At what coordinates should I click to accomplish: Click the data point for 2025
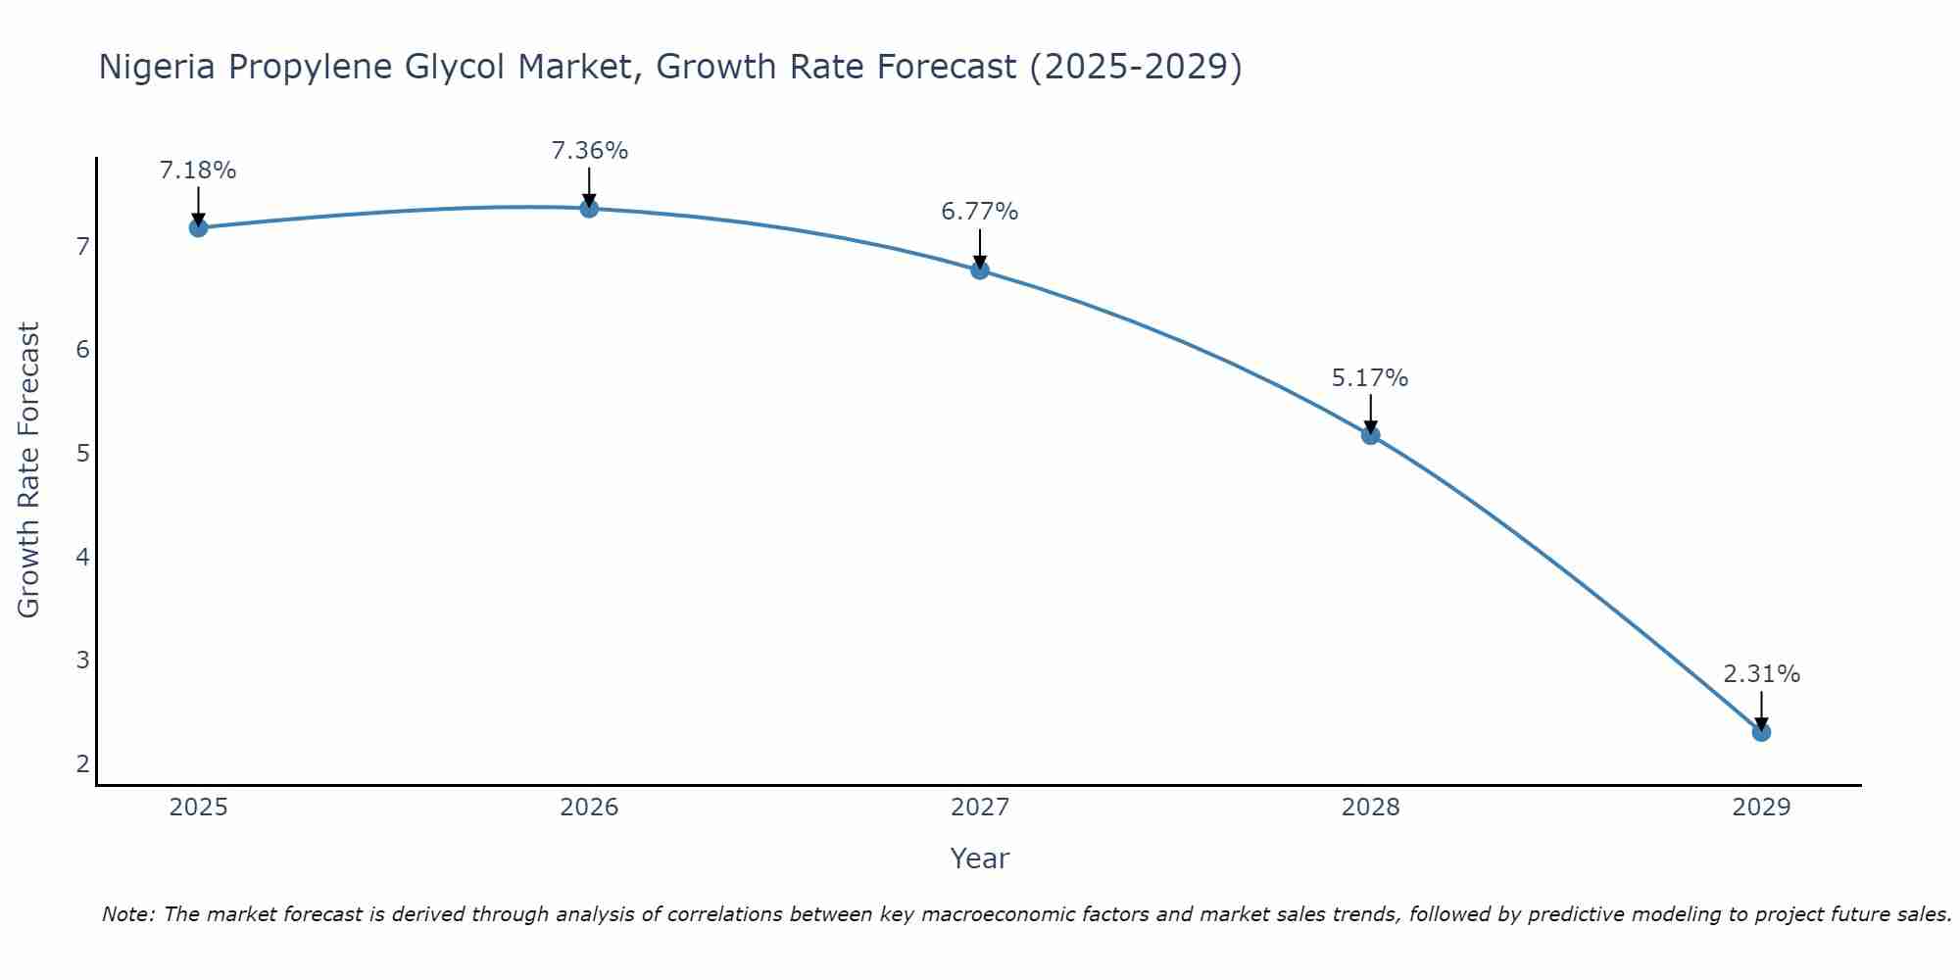198,227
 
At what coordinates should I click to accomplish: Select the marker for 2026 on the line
589,209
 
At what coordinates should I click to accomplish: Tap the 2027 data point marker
980,269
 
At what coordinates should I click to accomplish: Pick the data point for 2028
1370,435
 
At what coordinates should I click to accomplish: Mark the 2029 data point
1761,732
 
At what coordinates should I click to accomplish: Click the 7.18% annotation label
198,171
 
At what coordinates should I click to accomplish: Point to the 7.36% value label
589,151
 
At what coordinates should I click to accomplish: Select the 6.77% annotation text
980,212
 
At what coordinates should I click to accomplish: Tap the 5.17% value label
1370,378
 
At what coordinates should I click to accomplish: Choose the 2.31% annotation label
1761,674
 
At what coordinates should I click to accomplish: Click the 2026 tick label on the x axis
589,808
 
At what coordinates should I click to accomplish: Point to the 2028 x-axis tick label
1370,808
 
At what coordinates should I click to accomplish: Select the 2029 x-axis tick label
1761,808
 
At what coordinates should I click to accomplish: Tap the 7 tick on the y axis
82,246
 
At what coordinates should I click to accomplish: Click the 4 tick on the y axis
82,557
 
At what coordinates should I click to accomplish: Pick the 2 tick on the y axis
82,763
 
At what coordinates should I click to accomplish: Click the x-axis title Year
980,858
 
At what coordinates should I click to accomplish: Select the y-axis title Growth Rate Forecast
29,470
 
